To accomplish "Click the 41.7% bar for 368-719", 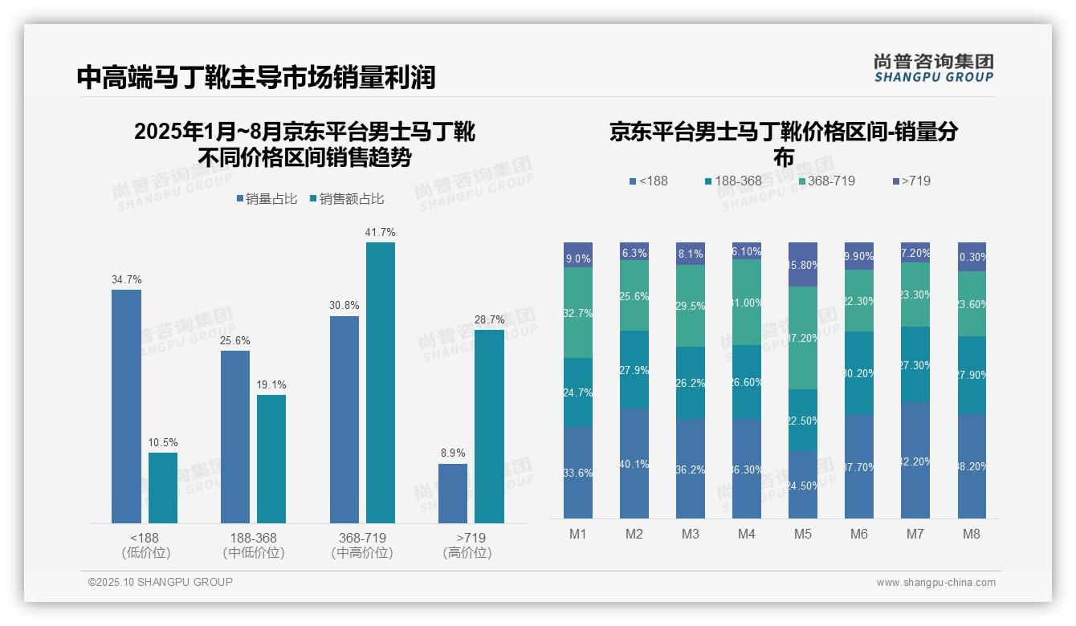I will (x=381, y=383).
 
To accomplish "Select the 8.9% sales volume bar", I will (x=453, y=494).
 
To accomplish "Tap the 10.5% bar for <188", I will (x=163, y=488).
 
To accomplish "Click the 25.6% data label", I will (x=235, y=340).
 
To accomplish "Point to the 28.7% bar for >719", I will (x=489, y=426).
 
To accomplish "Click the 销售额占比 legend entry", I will (x=347, y=198).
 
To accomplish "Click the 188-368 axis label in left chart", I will (x=254, y=537).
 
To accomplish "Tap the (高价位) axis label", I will (x=467, y=553).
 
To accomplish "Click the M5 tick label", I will (x=802, y=534).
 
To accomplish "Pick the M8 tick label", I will (x=972, y=534).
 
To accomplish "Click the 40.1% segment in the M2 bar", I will (x=634, y=463).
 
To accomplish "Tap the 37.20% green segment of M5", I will (x=802, y=338).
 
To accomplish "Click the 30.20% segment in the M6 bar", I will (x=859, y=373).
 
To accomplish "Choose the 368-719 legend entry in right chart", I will (x=827, y=181).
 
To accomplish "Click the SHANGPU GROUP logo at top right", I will (x=933, y=67).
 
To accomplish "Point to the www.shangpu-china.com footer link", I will (x=935, y=583).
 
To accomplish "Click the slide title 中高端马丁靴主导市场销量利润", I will (x=256, y=77).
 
